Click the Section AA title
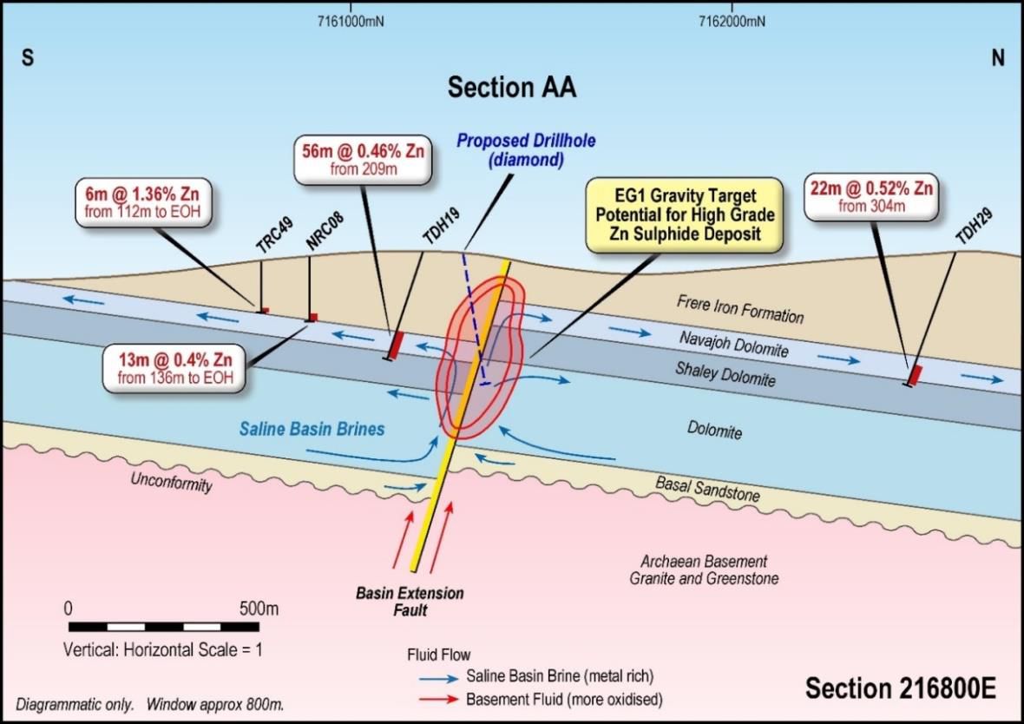point(511,88)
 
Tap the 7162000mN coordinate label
point(732,22)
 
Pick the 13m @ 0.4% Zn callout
point(173,368)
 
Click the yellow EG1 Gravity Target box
point(684,215)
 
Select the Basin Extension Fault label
point(410,602)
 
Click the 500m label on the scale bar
point(258,608)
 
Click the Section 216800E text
point(900,688)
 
